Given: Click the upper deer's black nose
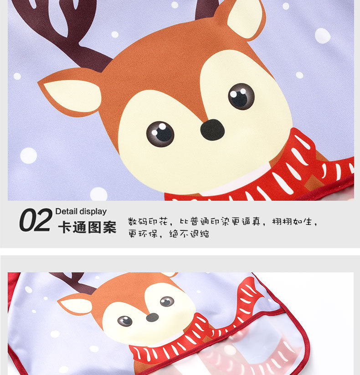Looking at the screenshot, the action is pyautogui.click(x=212, y=130).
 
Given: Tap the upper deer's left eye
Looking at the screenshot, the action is pyautogui.click(x=160, y=134).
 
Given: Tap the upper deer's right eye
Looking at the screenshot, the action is pyautogui.click(x=241, y=96).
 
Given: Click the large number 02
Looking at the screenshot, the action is pyautogui.click(x=36, y=220).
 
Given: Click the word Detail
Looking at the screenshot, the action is pyautogui.click(x=67, y=211).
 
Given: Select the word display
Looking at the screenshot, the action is pyautogui.click(x=93, y=212).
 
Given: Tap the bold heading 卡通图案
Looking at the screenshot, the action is pyautogui.click(x=87, y=227).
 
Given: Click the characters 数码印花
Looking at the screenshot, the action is pyautogui.click(x=148, y=221).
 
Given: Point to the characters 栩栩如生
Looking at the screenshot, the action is pyautogui.click(x=292, y=221).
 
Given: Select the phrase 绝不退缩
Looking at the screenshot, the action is pyautogui.click(x=189, y=234).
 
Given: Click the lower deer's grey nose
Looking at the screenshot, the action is pyautogui.click(x=152, y=318).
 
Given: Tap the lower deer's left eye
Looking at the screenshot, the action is pyautogui.click(x=125, y=321).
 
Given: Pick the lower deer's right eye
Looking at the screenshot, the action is pyautogui.click(x=167, y=302).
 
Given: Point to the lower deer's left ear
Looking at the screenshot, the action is pyautogui.click(x=75, y=304).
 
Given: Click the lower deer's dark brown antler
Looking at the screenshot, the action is pyautogui.click(x=72, y=282).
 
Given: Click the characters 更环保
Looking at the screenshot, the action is pyautogui.click(x=143, y=234).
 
